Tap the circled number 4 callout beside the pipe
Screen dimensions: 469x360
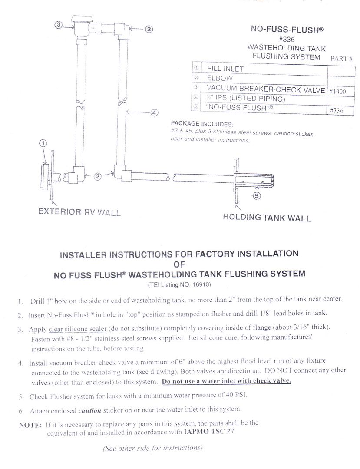click(x=154, y=113)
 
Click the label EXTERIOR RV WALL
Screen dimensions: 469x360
click(x=79, y=212)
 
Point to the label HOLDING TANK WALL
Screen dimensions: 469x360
click(x=267, y=217)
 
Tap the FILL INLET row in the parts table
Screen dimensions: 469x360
click(x=225, y=69)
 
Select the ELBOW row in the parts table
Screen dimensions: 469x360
click(x=220, y=79)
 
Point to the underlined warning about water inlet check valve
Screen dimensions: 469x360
click(x=226, y=381)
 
